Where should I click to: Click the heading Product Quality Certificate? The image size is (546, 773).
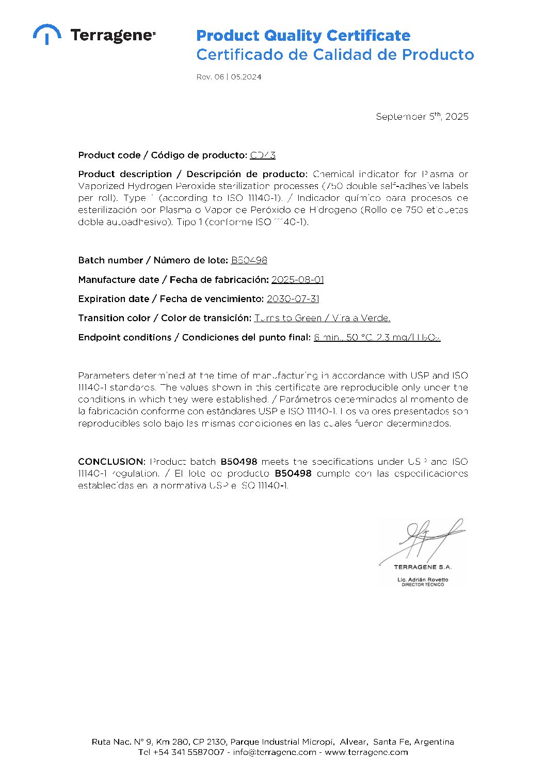coord(303,36)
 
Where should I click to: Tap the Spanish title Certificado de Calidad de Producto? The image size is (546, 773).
coord(335,55)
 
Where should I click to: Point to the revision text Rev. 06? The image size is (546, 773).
coord(210,77)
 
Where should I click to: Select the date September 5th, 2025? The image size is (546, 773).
coord(422,117)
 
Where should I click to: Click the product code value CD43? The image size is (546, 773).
coord(263,155)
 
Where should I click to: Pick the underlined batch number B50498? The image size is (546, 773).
coord(249,260)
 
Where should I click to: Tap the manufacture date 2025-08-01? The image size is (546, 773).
coord(297,279)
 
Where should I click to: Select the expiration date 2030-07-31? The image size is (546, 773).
coord(293,299)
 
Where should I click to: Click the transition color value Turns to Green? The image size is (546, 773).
coord(287,318)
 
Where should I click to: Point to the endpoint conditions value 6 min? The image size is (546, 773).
coord(327,338)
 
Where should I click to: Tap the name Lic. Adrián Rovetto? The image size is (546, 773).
coord(423,579)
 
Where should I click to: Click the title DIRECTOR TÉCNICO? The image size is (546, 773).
coord(423,585)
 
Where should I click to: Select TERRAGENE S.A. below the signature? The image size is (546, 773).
coord(423,567)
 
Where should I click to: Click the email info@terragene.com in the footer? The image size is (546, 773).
coord(274,752)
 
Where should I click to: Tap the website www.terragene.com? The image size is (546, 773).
coord(366,752)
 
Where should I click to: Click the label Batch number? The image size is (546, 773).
coord(110,260)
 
